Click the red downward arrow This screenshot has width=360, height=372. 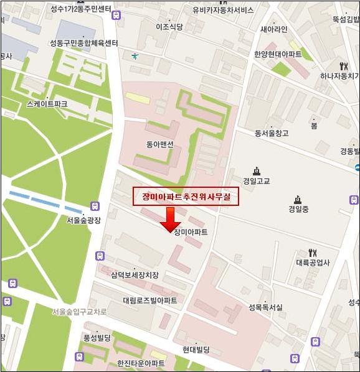click(x=169, y=219)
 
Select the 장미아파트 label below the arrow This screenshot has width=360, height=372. click(x=191, y=232)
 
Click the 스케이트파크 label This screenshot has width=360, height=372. click(x=43, y=105)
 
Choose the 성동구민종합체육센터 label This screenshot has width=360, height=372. click(x=84, y=44)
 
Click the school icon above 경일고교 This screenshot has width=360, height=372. click(x=256, y=171)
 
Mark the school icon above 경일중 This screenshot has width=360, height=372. click(x=298, y=200)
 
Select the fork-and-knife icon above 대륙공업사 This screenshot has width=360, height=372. click(x=313, y=253)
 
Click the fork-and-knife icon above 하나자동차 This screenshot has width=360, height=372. click(x=343, y=66)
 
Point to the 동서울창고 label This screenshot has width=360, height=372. click(x=272, y=133)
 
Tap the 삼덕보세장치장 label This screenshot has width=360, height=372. click(x=135, y=275)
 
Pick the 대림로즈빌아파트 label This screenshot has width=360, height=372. click(x=149, y=300)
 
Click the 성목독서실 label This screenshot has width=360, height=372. click(x=265, y=307)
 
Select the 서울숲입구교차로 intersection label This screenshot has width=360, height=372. click(x=79, y=311)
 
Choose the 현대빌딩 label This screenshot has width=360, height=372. click(x=196, y=350)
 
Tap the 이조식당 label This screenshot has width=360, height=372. click(x=169, y=27)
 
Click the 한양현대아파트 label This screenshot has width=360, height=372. click(x=278, y=54)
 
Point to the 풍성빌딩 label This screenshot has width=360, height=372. click(x=97, y=337)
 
